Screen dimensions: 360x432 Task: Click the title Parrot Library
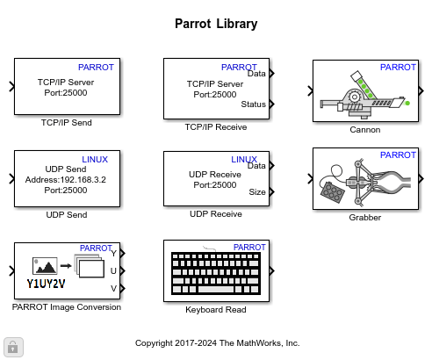(216, 24)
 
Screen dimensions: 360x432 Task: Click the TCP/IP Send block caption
(67, 123)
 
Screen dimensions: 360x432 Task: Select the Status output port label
(253, 104)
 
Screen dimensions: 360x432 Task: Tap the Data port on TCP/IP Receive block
(256, 74)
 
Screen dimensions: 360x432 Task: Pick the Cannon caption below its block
(364, 129)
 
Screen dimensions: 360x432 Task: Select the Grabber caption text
(364, 217)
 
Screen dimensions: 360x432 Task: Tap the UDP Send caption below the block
(67, 214)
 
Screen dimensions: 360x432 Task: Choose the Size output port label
(256, 191)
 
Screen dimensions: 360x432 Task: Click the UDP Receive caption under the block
(216, 213)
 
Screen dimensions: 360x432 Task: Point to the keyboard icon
(215, 274)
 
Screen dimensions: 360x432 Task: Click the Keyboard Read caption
(216, 309)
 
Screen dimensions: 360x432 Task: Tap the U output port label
(112, 270)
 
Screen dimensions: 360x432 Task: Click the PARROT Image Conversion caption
(67, 307)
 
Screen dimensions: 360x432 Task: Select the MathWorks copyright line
(217, 343)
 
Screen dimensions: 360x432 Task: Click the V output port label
(112, 288)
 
